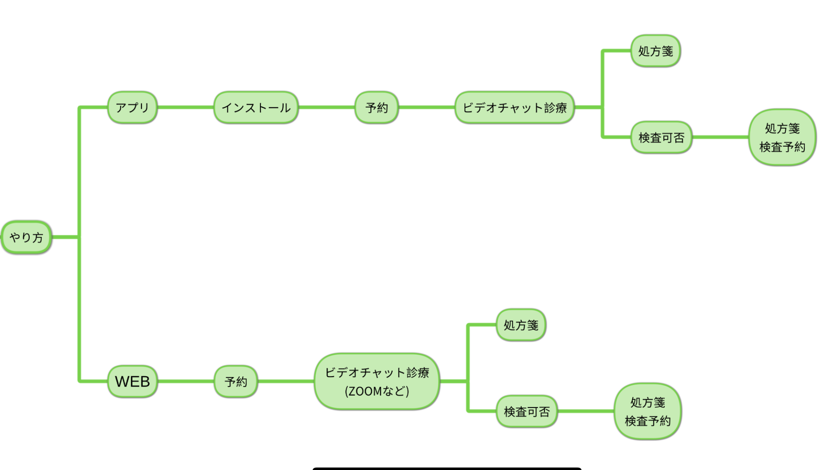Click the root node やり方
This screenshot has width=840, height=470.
pyautogui.click(x=26, y=237)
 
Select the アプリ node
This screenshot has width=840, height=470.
pyautogui.click(x=132, y=107)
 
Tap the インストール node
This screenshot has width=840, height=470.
pyautogui.click(x=256, y=107)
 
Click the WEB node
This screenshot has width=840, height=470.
pyautogui.click(x=132, y=381)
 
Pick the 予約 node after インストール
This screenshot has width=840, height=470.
pyautogui.click(x=377, y=107)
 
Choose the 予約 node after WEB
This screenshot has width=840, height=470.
pyautogui.click(x=236, y=381)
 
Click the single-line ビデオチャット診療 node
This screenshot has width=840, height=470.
pyautogui.click(x=514, y=107)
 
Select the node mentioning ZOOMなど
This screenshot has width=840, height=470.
pyautogui.click(x=377, y=381)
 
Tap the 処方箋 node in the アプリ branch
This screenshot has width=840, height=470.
pyautogui.click(x=655, y=51)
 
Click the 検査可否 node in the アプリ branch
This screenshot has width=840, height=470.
pyautogui.click(x=661, y=137)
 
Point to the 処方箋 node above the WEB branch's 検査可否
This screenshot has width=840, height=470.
pyautogui.click(x=520, y=325)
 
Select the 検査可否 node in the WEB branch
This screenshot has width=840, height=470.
pyautogui.click(x=526, y=411)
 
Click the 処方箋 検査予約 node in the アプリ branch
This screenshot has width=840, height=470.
pyautogui.click(x=782, y=137)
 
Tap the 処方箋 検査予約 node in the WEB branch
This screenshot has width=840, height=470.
pyautogui.click(x=647, y=411)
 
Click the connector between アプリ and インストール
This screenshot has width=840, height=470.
pyautogui.click(x=185, y=107)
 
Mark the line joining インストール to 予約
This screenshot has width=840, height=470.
pyautogui.click(x=326, y=107)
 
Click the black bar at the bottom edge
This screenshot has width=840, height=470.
pyautogui.click(x=446, y=468)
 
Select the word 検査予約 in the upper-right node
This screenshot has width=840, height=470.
pyautogui.click(x=782, y=147)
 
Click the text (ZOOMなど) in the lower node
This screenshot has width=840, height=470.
pyautogui.click(x=377, y=391)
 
